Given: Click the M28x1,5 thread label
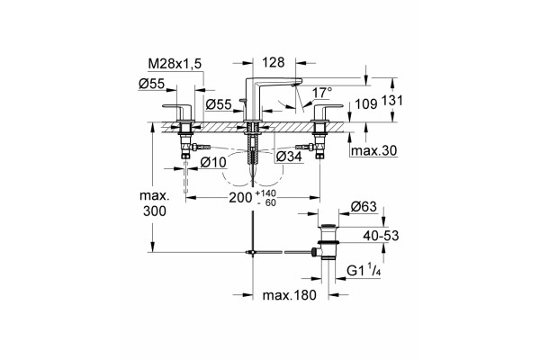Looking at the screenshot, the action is click(x=175, y=64).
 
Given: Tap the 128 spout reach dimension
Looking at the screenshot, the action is click(x=274, y=62).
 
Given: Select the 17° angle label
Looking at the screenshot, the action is click(x=322, y=93).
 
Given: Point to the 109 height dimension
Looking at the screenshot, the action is click(x=365, y=103).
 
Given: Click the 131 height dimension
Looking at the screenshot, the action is click(x=391, y=101).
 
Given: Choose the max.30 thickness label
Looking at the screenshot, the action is click(x=373, y=150).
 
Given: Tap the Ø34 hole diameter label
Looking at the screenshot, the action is click(x=289, y=157).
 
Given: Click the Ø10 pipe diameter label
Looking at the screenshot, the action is click(x=213, y=162).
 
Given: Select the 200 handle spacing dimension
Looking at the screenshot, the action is click(x=240, y=198).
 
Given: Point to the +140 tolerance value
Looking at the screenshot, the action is click(x=265, y=193).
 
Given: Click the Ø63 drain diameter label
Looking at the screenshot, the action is click(x=364, y=207).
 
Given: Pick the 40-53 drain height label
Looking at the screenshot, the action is click(x=381, y=236).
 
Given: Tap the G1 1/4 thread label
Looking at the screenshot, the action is click(x=364, y=270).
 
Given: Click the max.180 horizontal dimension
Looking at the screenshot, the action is click(x=289, y=295).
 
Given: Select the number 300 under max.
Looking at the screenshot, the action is click(x=155, y=211).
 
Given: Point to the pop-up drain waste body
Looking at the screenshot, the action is click(x=328, y=241).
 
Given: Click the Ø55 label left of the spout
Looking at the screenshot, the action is click(x=219, y=104).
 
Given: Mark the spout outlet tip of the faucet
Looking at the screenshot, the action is click(x=293, y=84).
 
